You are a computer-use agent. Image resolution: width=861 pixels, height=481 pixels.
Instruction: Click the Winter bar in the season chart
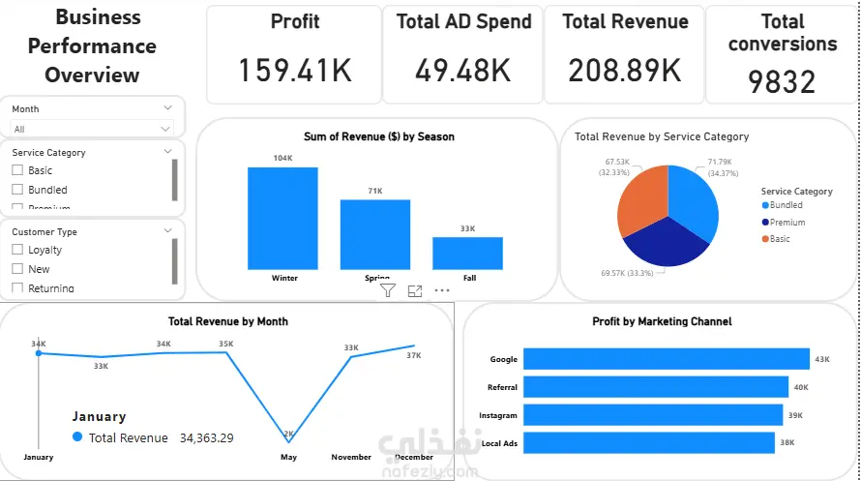pyautogui.click(x=282, y=218)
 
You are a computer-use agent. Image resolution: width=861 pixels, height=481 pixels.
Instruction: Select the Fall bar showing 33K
pyautogui.click(x=467, y=253)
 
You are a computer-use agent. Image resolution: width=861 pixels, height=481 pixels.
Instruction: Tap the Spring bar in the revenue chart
pyautogui.click(x=374, y=234)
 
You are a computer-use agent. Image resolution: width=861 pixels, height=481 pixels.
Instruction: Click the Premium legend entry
pyautogui.click(x=787, y=223)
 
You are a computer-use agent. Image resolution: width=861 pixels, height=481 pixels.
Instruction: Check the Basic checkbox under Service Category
pyautogui.click(x=16, y=170)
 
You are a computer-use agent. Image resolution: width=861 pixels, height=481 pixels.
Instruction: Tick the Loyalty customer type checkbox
pyautogui.click(x=16, y=250)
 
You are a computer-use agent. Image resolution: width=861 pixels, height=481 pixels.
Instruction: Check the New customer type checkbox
pyautogui.click(x=16, y=269)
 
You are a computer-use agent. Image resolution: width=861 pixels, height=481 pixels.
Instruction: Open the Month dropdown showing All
pyautogui.click(x=92, y=129)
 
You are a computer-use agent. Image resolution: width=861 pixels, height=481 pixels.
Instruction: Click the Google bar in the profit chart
pyautogui.click(x=666, y=359)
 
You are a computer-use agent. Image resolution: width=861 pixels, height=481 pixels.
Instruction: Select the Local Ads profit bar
pyautogui.click(x=648, y=443)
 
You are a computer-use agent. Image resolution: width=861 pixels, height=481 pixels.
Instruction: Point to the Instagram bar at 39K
pyautogui.click(x=652, y=415)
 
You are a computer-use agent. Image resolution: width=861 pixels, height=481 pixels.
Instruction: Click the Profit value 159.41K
pyautogui.click(x=295, y=70)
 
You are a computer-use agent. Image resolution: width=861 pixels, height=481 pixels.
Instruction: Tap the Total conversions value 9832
pyautogui.click(x=782, y=82)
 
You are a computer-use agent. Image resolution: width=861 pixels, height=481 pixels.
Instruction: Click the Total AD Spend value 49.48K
pyautogui.click(x=463, y=70)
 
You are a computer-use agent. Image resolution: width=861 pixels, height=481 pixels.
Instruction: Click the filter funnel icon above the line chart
pyautogui.click(x=387, y=290)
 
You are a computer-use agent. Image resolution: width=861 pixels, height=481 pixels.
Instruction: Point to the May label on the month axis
pyautogui.click(x=288, y=457)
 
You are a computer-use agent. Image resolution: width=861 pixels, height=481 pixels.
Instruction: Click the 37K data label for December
pyautogui.click(x=414, y=355)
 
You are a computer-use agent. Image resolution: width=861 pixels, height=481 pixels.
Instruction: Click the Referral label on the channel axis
pyautogui.click(x=503, y=387)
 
